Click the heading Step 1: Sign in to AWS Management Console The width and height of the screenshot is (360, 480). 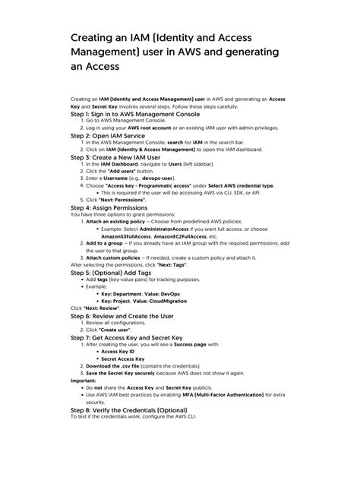(x=139, y=114)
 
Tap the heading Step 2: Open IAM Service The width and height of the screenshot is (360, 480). (x=113, y=135)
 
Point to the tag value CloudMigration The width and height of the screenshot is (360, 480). (x=172, y=300)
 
